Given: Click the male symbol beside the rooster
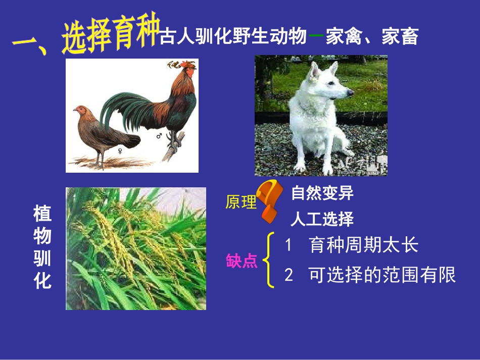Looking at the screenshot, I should pyautogui.click(x=159, y=136).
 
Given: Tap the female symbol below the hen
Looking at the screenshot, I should pyautogui.click(x=120, y=150).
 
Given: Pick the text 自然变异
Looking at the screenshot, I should pyautogui.click(x=322, y=193).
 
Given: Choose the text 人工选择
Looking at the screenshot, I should pyautogui.click(x=322, y=219).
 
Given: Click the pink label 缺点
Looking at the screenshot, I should pyautogui.click(x=241, y=261).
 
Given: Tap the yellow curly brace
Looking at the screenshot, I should pyautogui.click(x=270, y=261).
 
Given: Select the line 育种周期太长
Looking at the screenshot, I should pyautogui.click(x=363, y=245).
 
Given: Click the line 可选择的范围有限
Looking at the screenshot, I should pyautogui.click(x=382, y=275).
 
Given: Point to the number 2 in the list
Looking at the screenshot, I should pyautogui.click(x=289, y=275).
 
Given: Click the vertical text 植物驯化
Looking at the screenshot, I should pyautogui.click(x=43, y=247).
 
